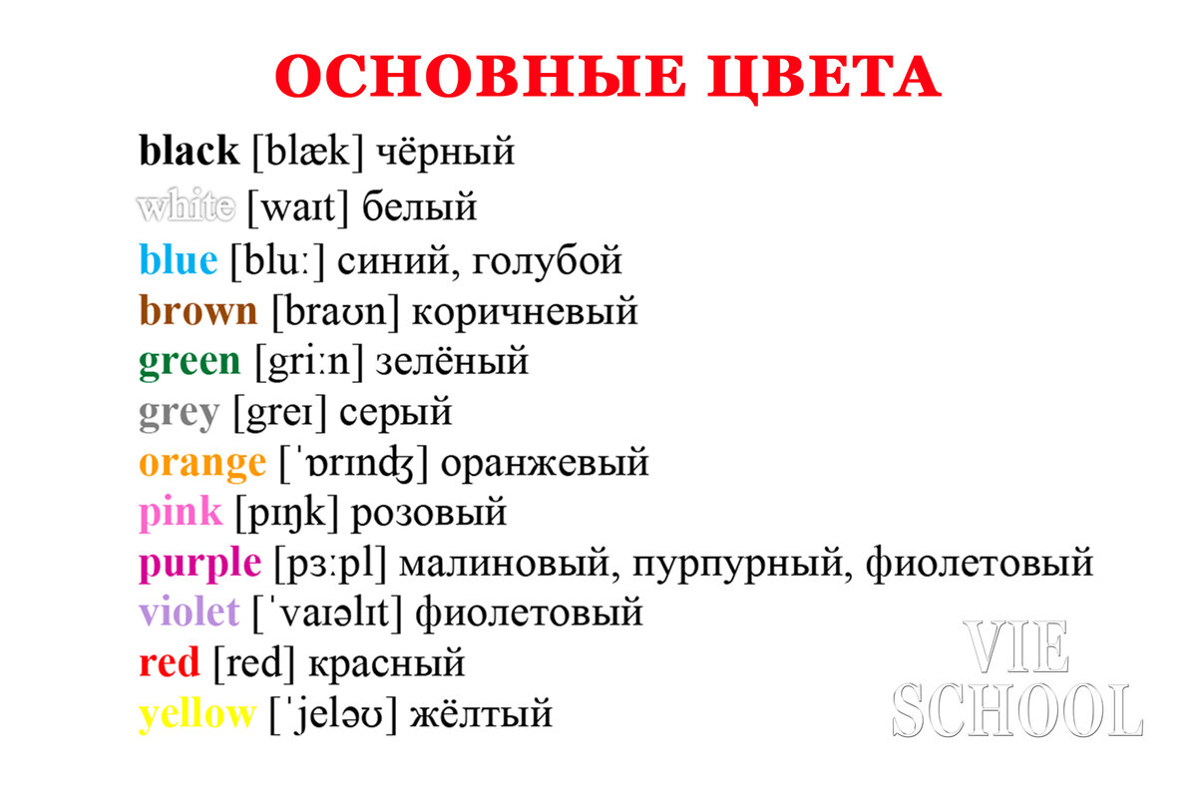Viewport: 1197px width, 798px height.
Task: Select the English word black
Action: [190, 152]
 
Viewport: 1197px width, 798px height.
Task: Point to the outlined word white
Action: [187, 207]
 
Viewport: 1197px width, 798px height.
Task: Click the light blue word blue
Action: [178, 260]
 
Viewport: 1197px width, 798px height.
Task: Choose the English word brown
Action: [199, 311]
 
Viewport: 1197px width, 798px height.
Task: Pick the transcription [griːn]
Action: [308, 361]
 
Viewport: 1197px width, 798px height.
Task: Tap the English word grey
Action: [179, 412]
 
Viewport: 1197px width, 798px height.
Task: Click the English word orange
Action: [202, 463]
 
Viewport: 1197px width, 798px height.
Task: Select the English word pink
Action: [181, 513]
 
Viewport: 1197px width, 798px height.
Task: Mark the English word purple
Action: [199, 565]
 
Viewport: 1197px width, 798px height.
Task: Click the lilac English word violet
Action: [190, 611]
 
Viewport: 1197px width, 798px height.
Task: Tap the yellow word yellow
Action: [198, 714]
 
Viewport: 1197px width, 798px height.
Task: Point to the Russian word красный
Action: [387, 663]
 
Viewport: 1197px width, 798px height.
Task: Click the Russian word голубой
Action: [546, 261]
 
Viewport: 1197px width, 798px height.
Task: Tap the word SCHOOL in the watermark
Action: [1017, 710]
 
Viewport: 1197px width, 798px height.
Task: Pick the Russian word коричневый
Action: [524, 312]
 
